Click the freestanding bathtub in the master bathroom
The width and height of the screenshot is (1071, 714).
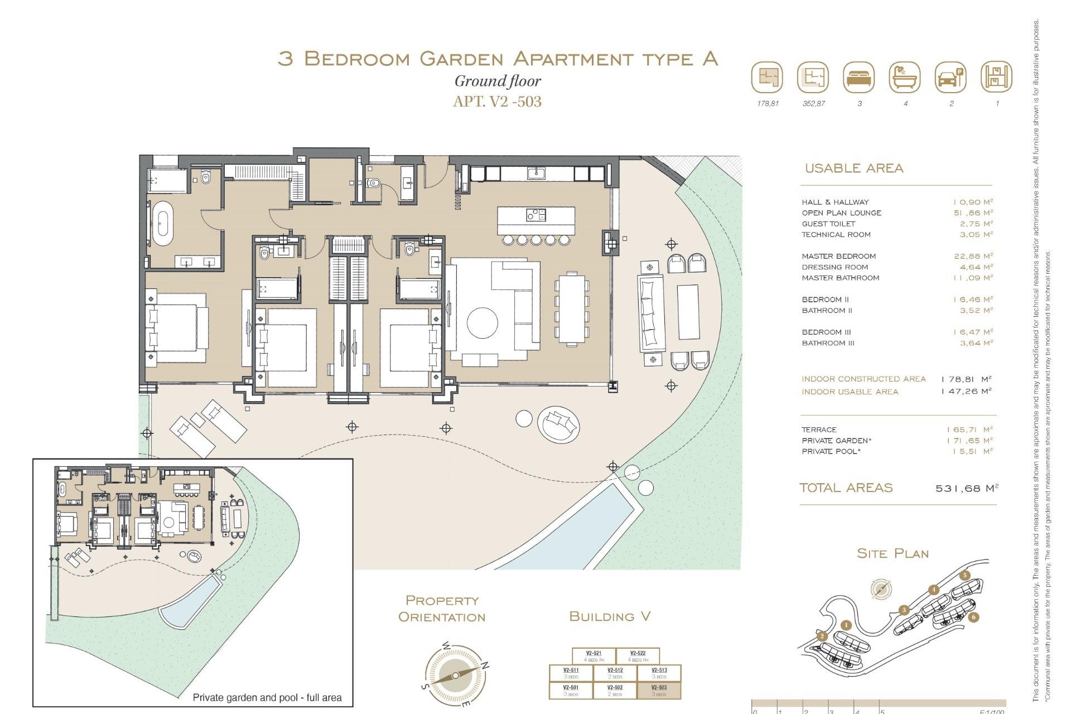click(163, 224)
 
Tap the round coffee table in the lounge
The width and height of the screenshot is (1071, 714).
click(482, 323)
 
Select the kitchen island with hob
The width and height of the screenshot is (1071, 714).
click(535, 221)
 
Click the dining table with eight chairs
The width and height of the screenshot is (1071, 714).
click(572, 308)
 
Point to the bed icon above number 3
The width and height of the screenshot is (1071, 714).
click(859, 78)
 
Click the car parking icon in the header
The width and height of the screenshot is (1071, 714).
click(951, 78)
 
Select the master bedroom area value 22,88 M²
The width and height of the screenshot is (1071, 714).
click(973, 256)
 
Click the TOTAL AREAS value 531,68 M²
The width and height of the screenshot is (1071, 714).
click(966, 488)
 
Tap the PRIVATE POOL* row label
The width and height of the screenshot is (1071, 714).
click(831, 451)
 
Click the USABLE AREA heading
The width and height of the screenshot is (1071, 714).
click(853, 168)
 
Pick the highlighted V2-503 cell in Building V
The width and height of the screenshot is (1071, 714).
click(659, 691)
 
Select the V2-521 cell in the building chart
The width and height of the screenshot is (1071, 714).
click(594, 656)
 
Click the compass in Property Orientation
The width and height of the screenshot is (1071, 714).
click(455, 675)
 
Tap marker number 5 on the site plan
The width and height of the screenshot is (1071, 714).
click(965, 576)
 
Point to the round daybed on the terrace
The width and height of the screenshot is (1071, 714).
click(558, 424)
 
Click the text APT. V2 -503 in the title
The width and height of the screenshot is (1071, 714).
click(497, 102)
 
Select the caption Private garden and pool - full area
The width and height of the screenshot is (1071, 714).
click(267, 697)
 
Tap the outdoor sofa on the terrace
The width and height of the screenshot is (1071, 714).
click(650, 313)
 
